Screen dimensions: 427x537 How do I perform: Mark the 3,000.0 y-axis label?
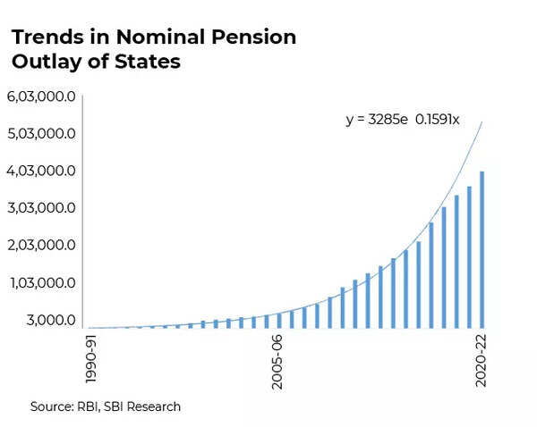(x=50, y=320)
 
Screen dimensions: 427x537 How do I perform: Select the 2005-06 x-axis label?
(x=277, y=362)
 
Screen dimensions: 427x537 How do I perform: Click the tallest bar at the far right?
(x=482, y=250)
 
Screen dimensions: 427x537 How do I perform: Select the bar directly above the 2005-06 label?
(x=279, y=320)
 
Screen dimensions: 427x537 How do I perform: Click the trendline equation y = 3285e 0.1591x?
(x=402, y=120)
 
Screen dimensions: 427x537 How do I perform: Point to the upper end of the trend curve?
(x=482, y=123)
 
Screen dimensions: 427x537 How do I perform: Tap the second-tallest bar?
(x=469, y=257)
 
